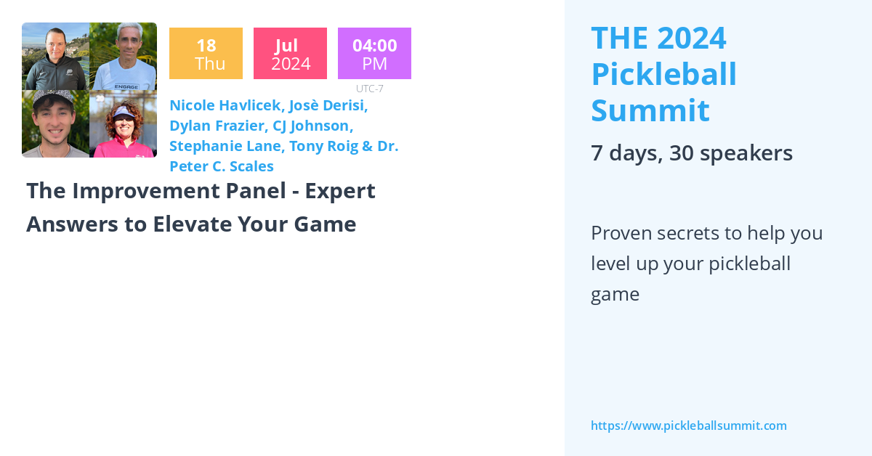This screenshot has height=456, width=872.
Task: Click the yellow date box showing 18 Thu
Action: point(206,54)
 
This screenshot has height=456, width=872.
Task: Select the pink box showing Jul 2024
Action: point(290,54)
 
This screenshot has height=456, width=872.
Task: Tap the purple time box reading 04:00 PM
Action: point(374,54)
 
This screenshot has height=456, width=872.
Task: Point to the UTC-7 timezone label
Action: point(370,89)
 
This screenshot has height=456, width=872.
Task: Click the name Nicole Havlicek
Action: point(225,105)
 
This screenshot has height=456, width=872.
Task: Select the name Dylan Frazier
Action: point(217,126)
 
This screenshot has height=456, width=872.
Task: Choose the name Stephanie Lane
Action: point(225,146)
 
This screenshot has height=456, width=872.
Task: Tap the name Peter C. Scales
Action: point(222,166)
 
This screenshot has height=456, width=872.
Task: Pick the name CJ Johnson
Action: point(312,126)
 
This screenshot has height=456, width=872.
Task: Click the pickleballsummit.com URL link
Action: point(688,426)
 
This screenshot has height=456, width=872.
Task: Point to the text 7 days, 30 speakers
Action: point(691,153)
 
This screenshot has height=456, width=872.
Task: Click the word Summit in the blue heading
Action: point(650,110)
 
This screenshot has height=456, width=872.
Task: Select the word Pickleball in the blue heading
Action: point(663,74)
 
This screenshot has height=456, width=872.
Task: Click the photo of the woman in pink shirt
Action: point(123,124)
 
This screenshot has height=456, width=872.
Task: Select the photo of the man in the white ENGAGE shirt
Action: point(123,57)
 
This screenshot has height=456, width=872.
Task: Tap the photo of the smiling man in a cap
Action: point(55,124)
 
